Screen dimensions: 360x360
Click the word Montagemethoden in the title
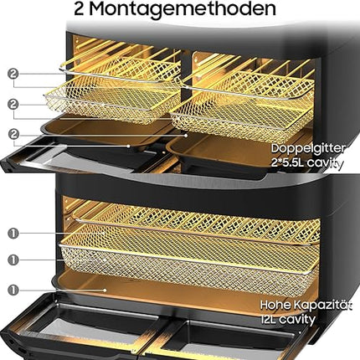coord(183,9)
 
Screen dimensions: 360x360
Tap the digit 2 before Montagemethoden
coord(80,9)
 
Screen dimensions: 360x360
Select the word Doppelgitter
coord(308,149)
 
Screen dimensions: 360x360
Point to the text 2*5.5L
coord(287,162)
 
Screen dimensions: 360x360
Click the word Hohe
coord(275,305)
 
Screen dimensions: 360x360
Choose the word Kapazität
coord(322,306)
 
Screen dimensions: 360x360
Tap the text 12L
coord(269,319)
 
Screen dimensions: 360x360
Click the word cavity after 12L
coord(297,320)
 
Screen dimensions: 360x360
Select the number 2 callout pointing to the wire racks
coord(13,74)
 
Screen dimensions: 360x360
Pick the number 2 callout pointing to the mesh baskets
coord(13,105)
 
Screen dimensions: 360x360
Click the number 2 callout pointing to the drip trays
coord(13,135)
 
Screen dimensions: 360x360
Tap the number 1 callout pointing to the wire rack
coord(13,234)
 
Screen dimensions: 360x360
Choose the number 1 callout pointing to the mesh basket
coord(13,260)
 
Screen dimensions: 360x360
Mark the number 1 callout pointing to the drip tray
coord(13,291)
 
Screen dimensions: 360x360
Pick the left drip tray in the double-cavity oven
coord(106,134)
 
